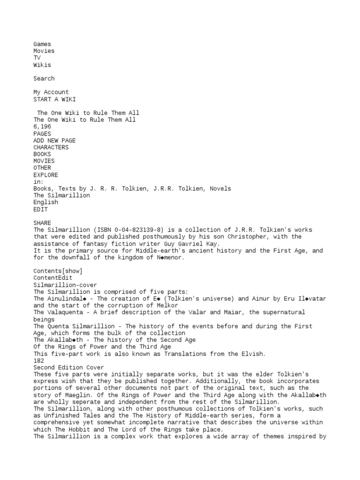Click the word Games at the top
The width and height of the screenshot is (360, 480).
click(x=42, y=44)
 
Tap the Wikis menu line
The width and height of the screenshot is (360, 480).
click(x=42, y=65)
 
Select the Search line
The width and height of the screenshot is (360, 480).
click(x=44, y=78)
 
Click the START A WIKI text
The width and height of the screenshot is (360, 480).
click(x=54, y=99)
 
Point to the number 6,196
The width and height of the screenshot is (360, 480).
click(x=42, y=127)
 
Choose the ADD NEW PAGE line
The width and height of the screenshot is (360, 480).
click(x=54, y=141)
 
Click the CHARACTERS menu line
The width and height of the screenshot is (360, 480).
click(x=51, y=147)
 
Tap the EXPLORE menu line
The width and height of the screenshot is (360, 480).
click(x=45, y=175)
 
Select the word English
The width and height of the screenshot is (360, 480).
click(x=45, y=202)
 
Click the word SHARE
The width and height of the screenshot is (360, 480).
click(x=42, y=223)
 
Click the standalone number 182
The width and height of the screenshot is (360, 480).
click(x=38, y=360)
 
